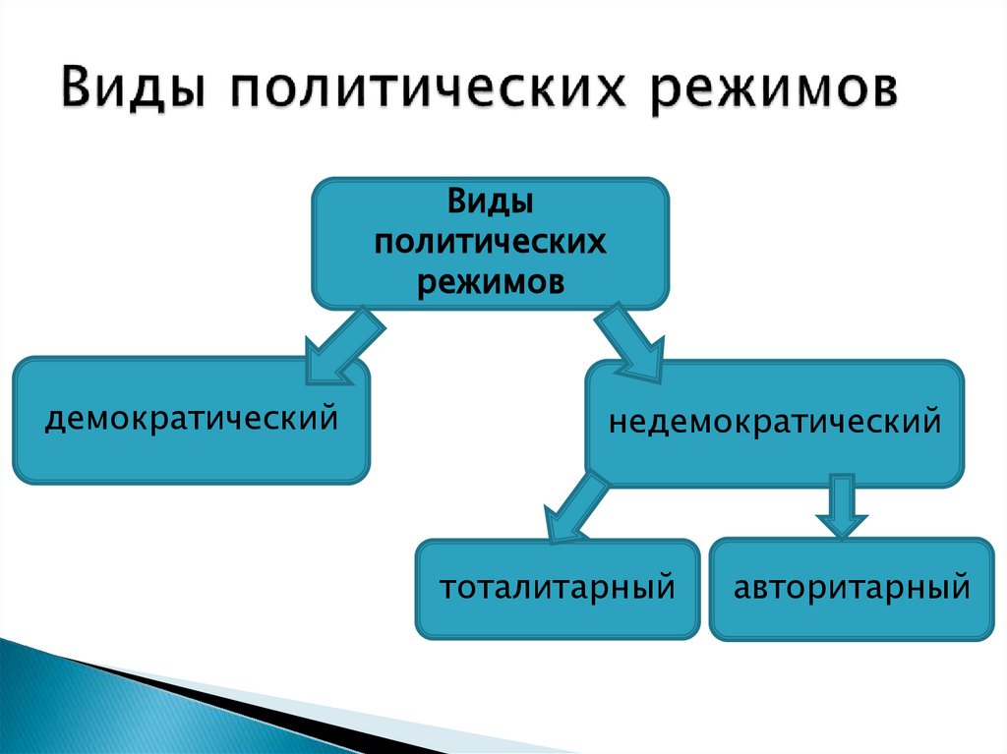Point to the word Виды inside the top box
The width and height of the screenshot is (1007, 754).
click(490, 203)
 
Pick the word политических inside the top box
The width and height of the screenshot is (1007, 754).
click(490, 242)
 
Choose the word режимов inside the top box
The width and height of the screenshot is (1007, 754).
click(490, 280)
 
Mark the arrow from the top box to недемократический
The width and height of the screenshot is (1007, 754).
click(629, 344)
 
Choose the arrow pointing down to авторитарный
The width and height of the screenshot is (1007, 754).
click(842, 505)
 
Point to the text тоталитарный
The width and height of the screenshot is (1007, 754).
click(557, 589)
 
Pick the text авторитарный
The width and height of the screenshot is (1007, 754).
click(852, 589)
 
